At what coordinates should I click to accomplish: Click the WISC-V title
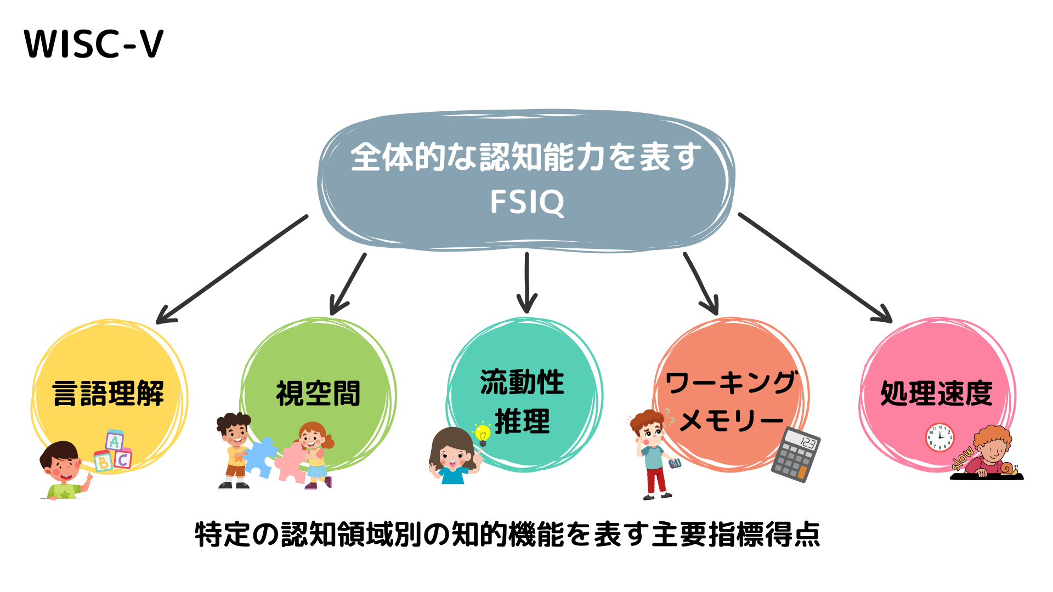(x=94, y=44)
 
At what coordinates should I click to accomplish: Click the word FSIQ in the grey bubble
(x=526, y=202)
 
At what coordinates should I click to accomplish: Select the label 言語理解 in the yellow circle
(x=108, y=393)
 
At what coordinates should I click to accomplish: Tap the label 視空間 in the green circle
(x=318, y=393)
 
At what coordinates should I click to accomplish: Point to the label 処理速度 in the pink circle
(x=936, y=393)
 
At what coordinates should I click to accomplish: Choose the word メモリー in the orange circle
(x=732, y=421)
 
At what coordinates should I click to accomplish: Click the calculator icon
(x=796, y=454)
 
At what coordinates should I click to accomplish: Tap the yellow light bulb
(x=483, y=434)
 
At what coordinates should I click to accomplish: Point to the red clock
(x=940, y=438)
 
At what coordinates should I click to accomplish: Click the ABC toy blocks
(x=114, y=452)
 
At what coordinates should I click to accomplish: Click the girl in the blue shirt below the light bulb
(x=452, y=456)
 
